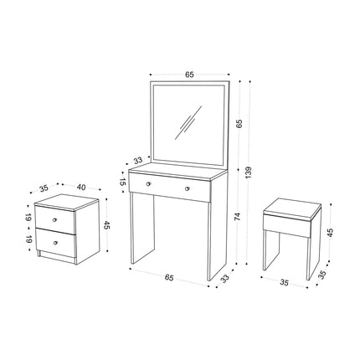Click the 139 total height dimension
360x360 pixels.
pyautogui.click(x=249, y=172)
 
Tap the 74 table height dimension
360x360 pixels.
pyautogui.click(x=238, y=216)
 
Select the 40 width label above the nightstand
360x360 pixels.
pyautogui.click(x=81, y=188)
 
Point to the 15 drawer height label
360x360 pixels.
pyautogui.click(x=122, y=182)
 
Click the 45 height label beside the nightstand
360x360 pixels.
pyautogui.click(x=107, y=225)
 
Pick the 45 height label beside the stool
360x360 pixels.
pyautogui.click(x=330, y=233)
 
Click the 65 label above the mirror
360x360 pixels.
pyautogui.click(x=189, y=75)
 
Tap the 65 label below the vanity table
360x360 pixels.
pyautogui.click(x=169, y=277)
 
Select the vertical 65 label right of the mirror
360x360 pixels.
pyautogui.click(x=239, y=123)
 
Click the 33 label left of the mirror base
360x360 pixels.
pyautogui.click(x=138, y=161)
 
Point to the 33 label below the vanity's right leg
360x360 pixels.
pyautogui.click(x=225, y=278)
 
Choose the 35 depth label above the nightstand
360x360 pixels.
pyautogui.click(x=44, y=188)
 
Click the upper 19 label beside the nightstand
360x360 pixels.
pyautogui.click(x=28, y=217)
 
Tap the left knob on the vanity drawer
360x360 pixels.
pyautogui.click(x=148, y=183)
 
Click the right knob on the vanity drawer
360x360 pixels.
pyautogui.click(x=188, y=188)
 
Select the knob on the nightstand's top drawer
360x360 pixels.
pyautogui.click(x=54, y=220)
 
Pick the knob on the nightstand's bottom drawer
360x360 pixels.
pyautogui.click(x=56, y=243)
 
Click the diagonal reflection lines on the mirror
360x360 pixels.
pyautogui.click(x=188, y=122)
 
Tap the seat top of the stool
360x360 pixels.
pyautogui.click(x=292, y=207)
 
